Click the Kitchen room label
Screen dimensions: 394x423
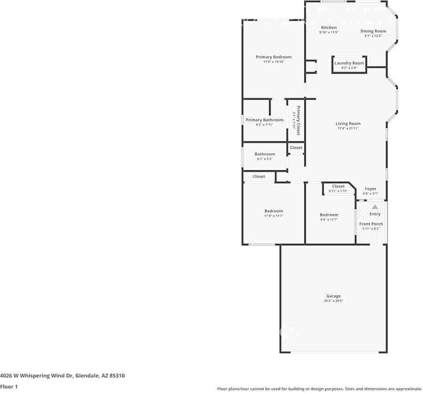pyautogui.click(x=329, y=28)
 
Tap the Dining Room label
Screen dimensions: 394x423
pyautogui.click(x=373, y=31)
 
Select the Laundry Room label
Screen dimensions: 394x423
pyautogui.click(x=349, y=63)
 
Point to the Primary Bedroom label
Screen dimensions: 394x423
pyautogui.click(x=273, y=57)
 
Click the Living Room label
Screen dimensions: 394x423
pyautogui.click(x=348, y=124)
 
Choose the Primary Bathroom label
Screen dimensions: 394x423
pyautogui.click(x=264, y=120)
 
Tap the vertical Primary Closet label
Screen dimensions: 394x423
pyautogui.click(x=298, y=120)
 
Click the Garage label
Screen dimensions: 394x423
pyautogui.click(x=333, y=296)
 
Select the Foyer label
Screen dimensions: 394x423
pyautogui.click(x=371, y=189)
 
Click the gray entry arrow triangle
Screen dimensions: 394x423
pyautogui.click(x=374, y=206)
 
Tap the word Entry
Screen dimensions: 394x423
pyautogui.click(x=375, y=214)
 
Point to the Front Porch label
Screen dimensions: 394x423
pyautogui.click(x=371, y=224)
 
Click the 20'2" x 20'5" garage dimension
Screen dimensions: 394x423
pyautogui.click(x=333, y=301)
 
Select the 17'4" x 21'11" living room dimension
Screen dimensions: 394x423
pyautogui.click(x=348, y=128)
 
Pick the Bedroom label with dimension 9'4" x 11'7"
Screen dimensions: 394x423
pyautogui.click(x=329, y=215)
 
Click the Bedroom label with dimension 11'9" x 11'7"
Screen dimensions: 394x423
pyautogui.click(x=273, y=211)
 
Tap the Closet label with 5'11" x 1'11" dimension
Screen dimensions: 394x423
pyautogui.click(x=338, y=186)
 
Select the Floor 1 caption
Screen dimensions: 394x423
pyautogui.click(x=9, y=386)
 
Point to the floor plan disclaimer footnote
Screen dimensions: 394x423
pyautogui.click(x=319, y=389)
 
